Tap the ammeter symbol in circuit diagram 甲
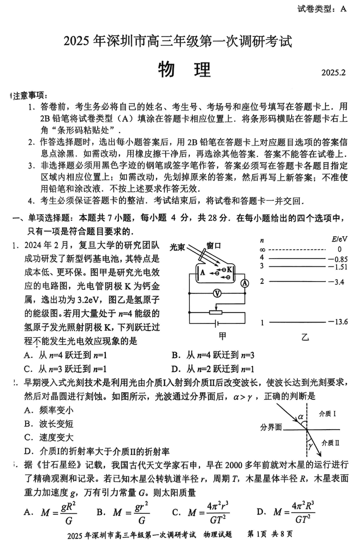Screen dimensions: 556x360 coord(245,283)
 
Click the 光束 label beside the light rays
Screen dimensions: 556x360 coord(178,247)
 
